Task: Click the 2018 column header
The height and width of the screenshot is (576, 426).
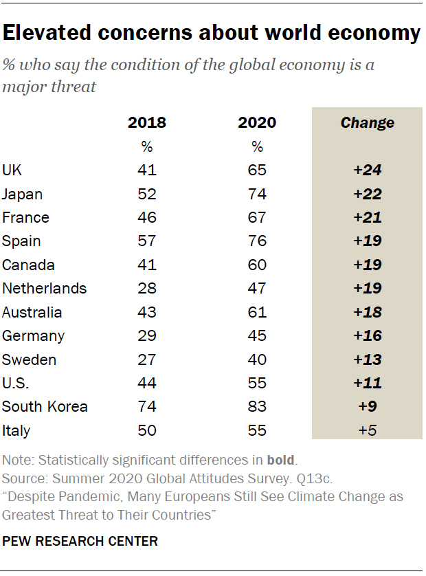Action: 147,123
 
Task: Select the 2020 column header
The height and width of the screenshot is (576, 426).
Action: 257,123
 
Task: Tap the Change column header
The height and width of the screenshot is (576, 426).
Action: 368,123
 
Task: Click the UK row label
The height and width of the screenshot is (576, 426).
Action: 12,170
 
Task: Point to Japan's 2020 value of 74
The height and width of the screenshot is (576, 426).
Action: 257,194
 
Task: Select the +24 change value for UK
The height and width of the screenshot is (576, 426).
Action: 368,170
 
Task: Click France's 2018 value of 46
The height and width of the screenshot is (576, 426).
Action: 147,217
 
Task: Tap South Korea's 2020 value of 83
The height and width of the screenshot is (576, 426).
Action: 257,406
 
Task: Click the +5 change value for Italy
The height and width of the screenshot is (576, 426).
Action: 368,430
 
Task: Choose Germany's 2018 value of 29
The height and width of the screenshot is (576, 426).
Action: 147,336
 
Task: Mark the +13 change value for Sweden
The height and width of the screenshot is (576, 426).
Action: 368,359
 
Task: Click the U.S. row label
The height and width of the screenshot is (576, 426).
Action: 16,383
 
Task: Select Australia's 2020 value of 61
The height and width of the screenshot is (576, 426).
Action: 257,312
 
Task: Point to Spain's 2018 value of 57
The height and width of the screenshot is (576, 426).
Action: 147,241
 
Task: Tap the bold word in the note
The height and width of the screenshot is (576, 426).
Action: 279,460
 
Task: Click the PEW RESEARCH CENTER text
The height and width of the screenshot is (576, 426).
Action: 80,542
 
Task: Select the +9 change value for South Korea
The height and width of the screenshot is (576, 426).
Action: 368,406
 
